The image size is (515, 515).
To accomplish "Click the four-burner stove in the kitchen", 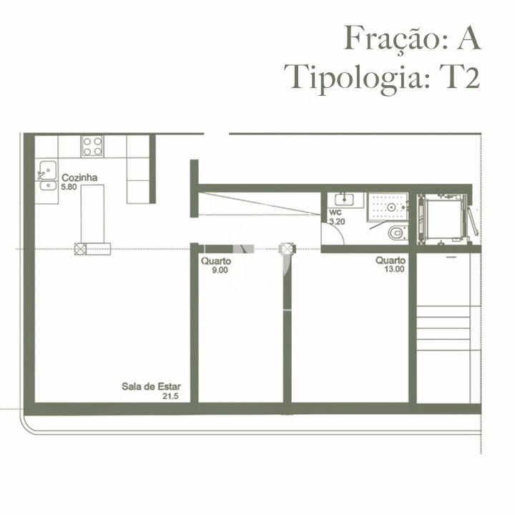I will pyautogui.click(x=92, y=146).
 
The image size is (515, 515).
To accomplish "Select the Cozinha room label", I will pyautogui.click(x=79, y=178).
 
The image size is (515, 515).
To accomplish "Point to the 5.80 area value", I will pyautogui.click(x=69, y=187).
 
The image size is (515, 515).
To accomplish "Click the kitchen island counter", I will pyautogui.click(x=92, y=212).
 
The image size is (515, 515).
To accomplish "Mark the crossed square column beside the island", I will pyautogui.click(x=80, y=248).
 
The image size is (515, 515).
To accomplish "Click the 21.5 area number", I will pyautogui.click(x=170, y=396).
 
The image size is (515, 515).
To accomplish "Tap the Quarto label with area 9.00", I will pyautogui.click(x=215, y=261).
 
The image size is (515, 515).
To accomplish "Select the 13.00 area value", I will pyautogui.click(x=394, y=270).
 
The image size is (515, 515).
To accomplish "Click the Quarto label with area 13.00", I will pyautogui.click(x=391, y=260).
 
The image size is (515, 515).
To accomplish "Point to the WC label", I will pyautogui.click(x=335, y=213).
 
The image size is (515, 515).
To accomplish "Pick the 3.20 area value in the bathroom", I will pyautogui.click(x=336, y=222).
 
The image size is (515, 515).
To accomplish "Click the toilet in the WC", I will pyautogui.click(x=396, y=232).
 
